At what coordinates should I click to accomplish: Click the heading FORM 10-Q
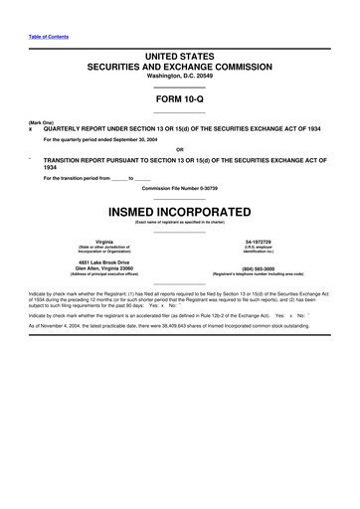pyautogui.click(x=179, y=99)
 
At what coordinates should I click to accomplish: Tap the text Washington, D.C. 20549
pyautogui.click(x=179, y=76)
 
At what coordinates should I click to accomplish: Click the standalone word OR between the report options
pyautogui.click(x=179, y=151)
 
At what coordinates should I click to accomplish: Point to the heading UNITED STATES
pyautogui.click(x=179, y=56)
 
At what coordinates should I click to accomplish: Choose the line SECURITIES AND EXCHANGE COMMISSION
pyautogui.click(x=179, y=67)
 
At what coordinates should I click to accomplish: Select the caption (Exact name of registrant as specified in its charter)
pyautogui.click(x=180, y=224)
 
